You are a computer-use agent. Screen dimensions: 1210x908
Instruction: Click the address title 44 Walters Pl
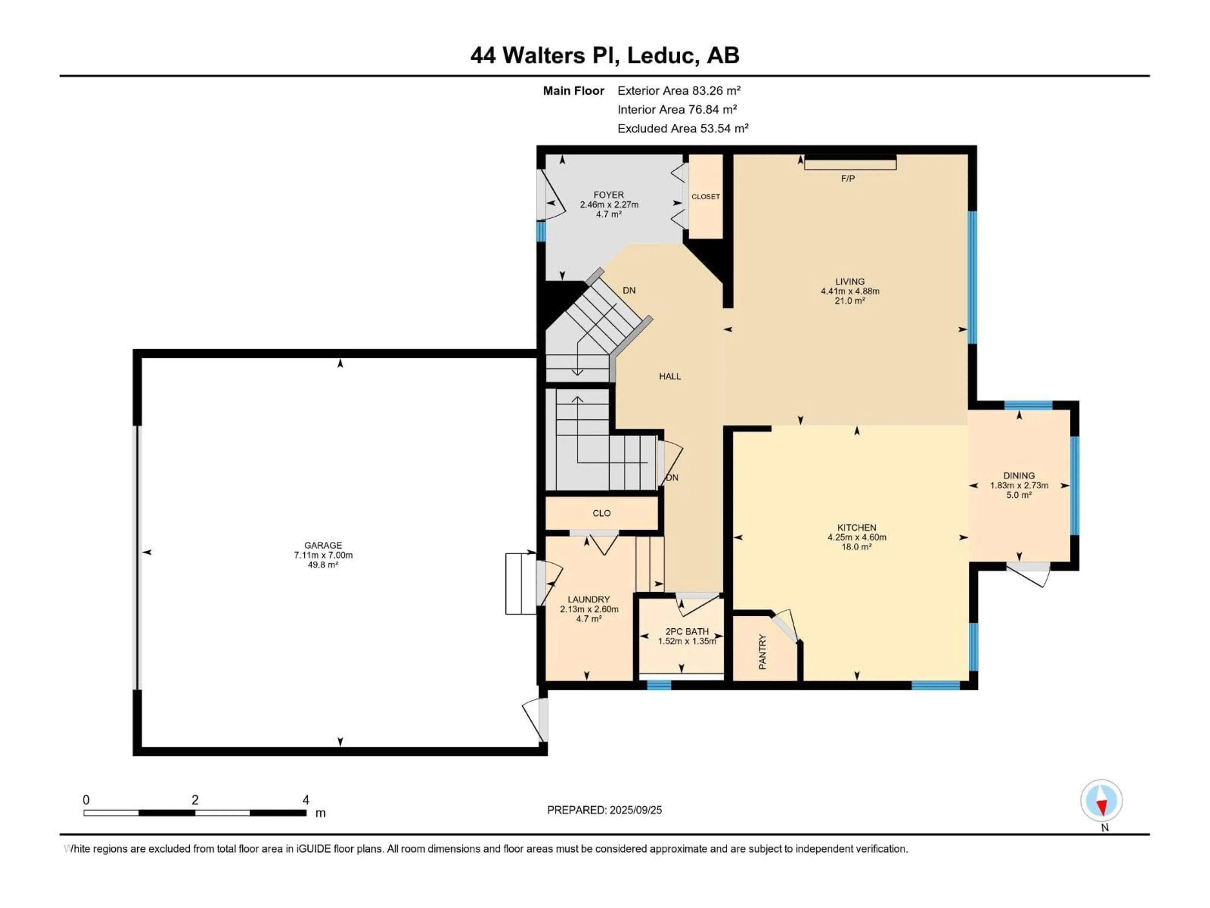tap(544, 55)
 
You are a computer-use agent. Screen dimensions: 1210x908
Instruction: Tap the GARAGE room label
tap(323, 545)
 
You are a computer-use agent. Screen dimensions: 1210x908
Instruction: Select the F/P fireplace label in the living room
tap(848, 178)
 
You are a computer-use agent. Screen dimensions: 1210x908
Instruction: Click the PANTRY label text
tap(763, 652)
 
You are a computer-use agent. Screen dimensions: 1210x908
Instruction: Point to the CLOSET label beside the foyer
tap(706, 196)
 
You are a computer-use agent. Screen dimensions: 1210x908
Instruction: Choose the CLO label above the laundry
tap(602, 513)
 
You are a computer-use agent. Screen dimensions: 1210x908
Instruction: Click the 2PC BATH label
tap(687, 632)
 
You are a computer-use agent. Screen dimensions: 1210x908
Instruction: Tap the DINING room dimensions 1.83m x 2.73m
tap(1019, 486)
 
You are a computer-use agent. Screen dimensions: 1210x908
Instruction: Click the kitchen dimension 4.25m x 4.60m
tap(857, 538)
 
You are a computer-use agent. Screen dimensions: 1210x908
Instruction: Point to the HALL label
tap(670, 376)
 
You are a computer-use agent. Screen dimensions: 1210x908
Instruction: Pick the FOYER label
tap(609, 195)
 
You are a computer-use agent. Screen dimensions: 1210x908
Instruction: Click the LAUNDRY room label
tap(589, 599)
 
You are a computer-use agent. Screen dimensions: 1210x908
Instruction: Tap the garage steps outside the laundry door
tap(521, 584)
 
